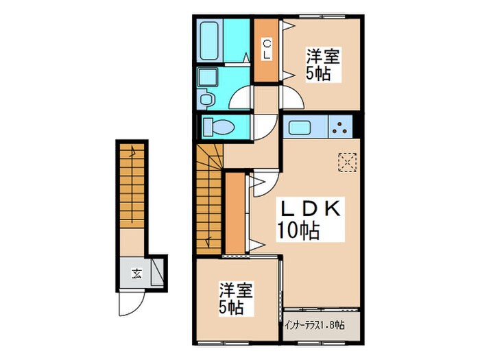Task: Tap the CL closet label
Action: point(267,49)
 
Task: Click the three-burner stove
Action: point(341,127)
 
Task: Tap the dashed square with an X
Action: point(347,163)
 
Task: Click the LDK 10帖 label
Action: point(309,218)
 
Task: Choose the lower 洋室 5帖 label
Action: point(235,296)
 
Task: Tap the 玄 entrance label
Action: point(136,275)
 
